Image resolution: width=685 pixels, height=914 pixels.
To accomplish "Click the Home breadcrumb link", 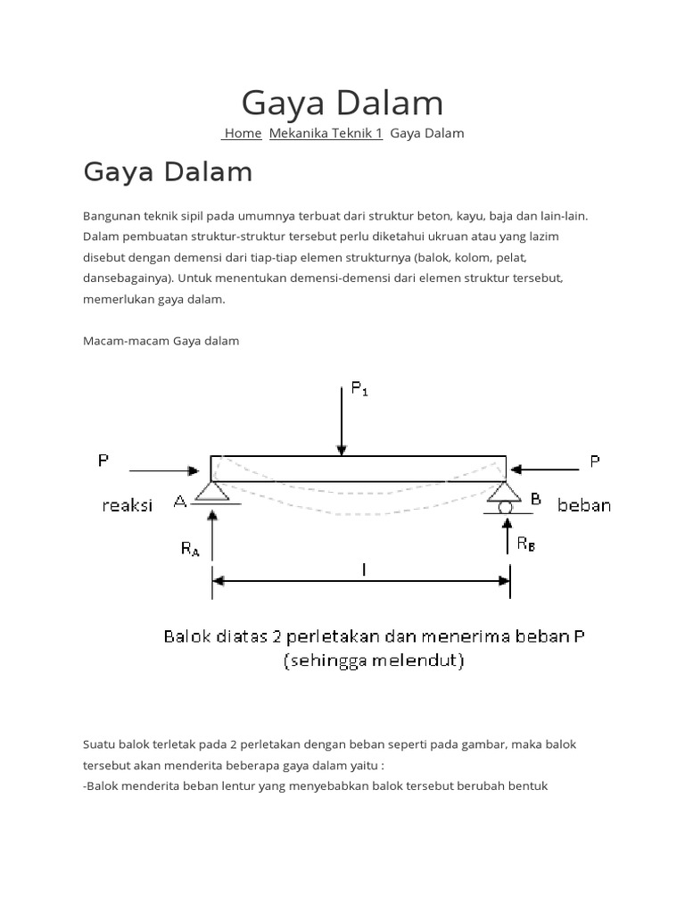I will click(243, 133).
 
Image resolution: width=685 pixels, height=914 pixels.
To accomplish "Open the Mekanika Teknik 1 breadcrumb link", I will click(326, 133).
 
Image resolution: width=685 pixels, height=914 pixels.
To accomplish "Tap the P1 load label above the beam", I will click(359, 389).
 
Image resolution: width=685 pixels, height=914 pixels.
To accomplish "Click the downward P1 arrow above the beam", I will click(341, 420).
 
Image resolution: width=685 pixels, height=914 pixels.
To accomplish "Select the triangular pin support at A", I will click(212, 492).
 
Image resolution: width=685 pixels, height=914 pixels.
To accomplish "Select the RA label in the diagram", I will click(190, 549).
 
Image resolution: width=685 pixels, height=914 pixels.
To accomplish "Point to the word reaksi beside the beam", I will click(127, 505).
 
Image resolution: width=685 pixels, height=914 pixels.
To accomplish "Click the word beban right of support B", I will click(584, 505).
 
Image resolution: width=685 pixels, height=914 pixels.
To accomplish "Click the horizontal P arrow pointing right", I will click(165, 469).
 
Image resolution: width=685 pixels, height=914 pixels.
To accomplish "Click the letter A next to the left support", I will click(180, 502).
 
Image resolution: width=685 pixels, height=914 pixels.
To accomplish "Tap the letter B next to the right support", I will click(535, 500).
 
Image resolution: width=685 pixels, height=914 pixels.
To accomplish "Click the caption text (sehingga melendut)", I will click(373, 661).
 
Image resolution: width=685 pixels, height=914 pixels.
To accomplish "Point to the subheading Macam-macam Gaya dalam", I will click(161, 341).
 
